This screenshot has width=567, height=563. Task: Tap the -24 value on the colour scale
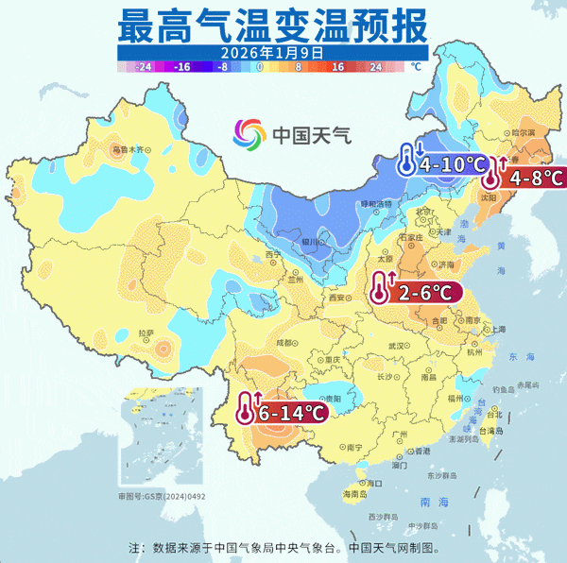145,68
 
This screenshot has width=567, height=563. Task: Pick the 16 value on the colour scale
335,68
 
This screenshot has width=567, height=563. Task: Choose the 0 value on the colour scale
259,68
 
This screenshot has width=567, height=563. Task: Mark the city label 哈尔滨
524,133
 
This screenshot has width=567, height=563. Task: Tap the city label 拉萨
145,333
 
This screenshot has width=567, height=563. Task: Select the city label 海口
353,493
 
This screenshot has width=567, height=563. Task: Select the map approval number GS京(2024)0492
153,496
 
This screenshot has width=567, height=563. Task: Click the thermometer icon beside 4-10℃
406,161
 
